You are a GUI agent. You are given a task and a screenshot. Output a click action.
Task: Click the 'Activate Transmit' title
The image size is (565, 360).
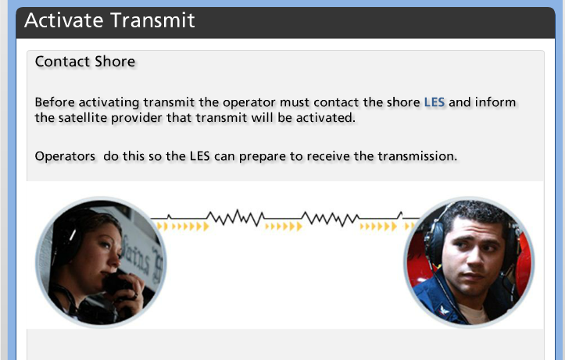tap(109, 20)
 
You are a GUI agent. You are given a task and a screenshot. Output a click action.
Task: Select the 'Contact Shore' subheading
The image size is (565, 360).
tap(85, 62)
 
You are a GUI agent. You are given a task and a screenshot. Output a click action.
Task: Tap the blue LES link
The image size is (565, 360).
tap(434, 102)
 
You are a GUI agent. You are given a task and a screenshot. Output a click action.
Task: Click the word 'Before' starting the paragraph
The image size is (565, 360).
tap(55, 102)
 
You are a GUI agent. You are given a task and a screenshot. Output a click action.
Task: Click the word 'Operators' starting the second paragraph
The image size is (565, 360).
tap(65, 157)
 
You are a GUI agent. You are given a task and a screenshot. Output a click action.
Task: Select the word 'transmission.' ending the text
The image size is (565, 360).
tap(417, 156)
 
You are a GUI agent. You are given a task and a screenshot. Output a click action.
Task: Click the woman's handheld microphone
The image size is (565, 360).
tap(116, 282)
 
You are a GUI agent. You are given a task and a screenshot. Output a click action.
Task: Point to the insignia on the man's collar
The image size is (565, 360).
tap(444, 310)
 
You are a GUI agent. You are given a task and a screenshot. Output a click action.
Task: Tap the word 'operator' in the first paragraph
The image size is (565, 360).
tap(249, 102)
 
